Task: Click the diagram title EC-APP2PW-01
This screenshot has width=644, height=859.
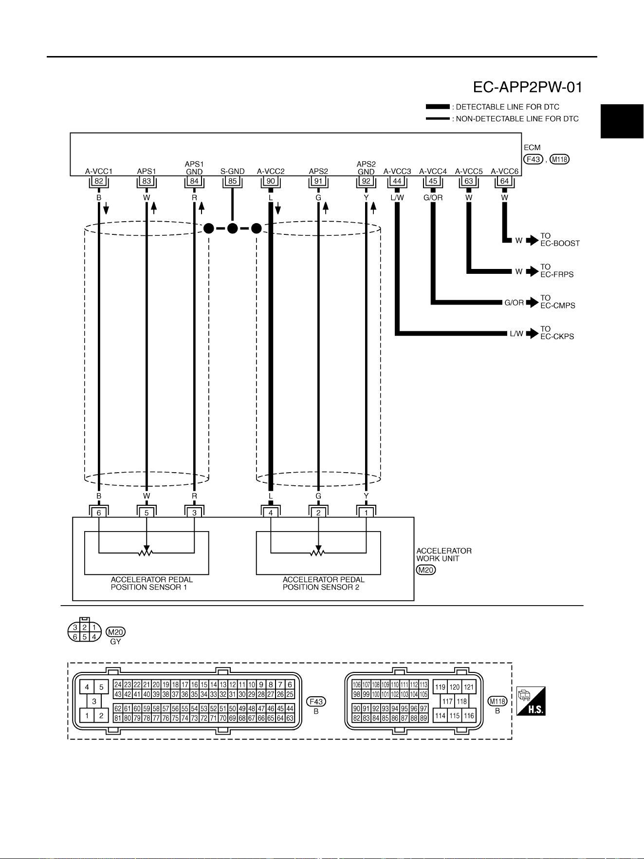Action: click(x=528, y=87)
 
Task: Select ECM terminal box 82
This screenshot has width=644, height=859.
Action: click(x=99, y=181)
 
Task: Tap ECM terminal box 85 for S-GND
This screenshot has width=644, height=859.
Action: click(x=233, y=181)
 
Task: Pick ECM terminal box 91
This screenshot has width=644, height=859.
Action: click(x=318, y=181)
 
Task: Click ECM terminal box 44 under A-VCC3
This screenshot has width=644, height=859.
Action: click(x=397, y=181)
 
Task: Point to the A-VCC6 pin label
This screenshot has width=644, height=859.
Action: click(x=505, y=172)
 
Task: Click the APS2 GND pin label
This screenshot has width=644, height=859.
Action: click(x=366, y=168)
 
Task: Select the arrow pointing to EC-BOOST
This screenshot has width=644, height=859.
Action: click(x=533, y=240)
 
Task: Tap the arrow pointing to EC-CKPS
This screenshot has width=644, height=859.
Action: click(x=533, y=333)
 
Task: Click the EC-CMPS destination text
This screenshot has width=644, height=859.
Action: click(x=558, y=305)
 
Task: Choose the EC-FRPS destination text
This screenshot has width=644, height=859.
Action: click(x=557, y=274)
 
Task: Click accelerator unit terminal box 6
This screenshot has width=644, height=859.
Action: click(x=99, y=513)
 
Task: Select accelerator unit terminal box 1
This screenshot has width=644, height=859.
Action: click(x=366, y=513)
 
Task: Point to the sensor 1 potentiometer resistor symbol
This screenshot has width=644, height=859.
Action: click(x=147, y=553)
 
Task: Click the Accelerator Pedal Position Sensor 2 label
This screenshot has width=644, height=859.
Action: click(x=324, y=583)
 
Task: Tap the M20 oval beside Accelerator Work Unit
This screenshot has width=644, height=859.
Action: click(x=426, y=570)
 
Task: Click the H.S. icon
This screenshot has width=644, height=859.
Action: click(x=531, y=701)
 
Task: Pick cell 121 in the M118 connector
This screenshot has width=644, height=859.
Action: click(x=469, y=687)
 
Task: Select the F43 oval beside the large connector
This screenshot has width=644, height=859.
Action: click(x=316, y=702)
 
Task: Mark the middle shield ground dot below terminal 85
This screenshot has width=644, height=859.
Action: click(x=233, y=228)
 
